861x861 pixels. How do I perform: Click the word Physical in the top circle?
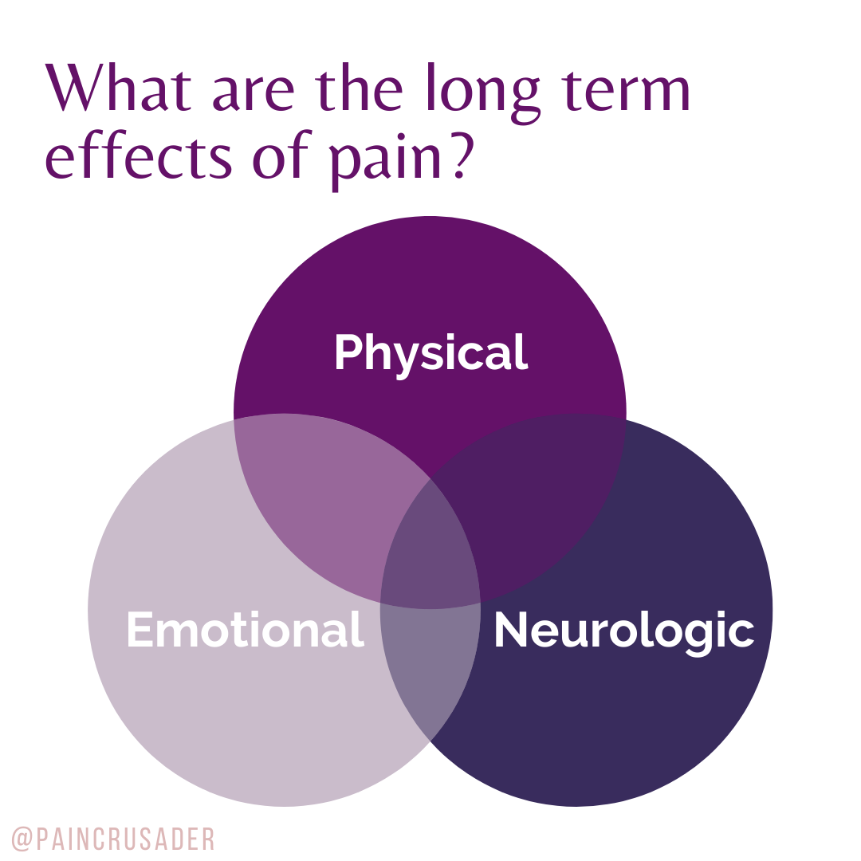(431, 353)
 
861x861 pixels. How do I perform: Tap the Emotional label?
(245, 630)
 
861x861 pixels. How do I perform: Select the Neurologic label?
(623, 630)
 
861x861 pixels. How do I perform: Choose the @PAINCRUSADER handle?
(113, 839)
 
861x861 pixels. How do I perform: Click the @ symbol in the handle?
(21, 839)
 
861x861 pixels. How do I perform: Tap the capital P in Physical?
(348, 353)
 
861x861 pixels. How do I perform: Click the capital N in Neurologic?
(511, 630)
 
